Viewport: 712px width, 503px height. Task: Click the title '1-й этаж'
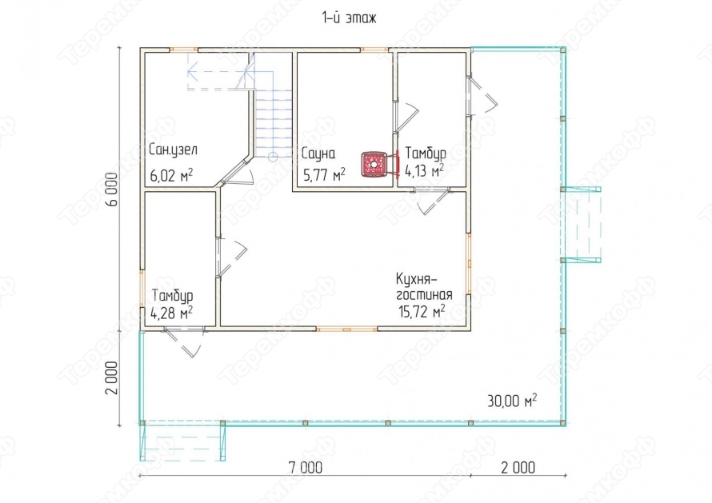(349, 18)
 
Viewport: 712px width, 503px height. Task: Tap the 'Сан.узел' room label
(173, 150)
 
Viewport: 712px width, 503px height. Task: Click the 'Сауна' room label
(318, 154)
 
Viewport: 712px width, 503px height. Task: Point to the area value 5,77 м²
(323, 174)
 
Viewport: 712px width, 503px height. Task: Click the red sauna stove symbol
(374, 165)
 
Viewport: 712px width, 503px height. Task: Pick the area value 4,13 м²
(424, 170)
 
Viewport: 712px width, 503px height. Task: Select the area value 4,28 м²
(171, 313)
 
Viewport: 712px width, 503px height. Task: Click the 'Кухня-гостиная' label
(424, 286)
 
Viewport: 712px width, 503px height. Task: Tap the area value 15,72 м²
(422, 311)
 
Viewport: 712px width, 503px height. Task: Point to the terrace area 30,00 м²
(512, 401)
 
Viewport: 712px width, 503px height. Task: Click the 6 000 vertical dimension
(112, 190)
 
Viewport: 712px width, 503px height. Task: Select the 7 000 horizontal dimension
(306, 467)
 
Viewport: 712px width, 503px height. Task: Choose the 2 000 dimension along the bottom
(518, 467)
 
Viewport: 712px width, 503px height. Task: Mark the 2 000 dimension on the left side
(112, 378)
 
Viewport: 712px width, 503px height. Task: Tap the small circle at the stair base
(273, 158)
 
